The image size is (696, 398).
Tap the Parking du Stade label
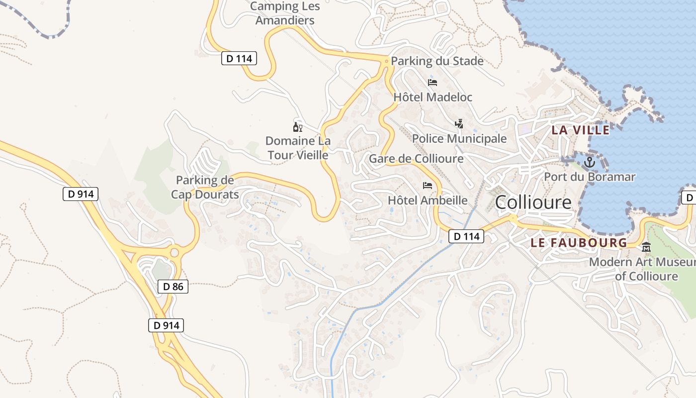click(x=437, y=61)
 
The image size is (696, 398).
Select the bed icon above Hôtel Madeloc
click(x=433, y=83)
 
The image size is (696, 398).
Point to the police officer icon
click(x=459, y=123)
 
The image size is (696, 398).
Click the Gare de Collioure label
click(x=416, y=159)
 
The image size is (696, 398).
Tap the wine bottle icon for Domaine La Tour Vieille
click(x=297, y=127)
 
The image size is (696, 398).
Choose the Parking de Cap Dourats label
click(x=205, y=187)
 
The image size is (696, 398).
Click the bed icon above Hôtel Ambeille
click(x=428, y=186)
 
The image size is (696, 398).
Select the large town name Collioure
click(x=533, y=202)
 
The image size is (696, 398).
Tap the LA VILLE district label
click(x=581, y=130)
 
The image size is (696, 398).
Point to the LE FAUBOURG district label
click(x=579, y=243)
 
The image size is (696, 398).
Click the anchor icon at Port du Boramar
click(x=589, y=162)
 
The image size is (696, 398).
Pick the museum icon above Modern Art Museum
click(x=646, y=247)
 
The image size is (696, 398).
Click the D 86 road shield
click(x=173, y=286)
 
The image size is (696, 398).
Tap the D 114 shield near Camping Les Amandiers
click(x=239, y=59)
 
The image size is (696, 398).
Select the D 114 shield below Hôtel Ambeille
click(x=466, y=236)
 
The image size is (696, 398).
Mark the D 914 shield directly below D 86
click(x=166, y=325)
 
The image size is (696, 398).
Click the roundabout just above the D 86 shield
click(x=174, y=253)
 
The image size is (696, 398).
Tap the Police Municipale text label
click(x=459, y=139)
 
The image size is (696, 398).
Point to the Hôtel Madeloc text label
click(x=433, y=97)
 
